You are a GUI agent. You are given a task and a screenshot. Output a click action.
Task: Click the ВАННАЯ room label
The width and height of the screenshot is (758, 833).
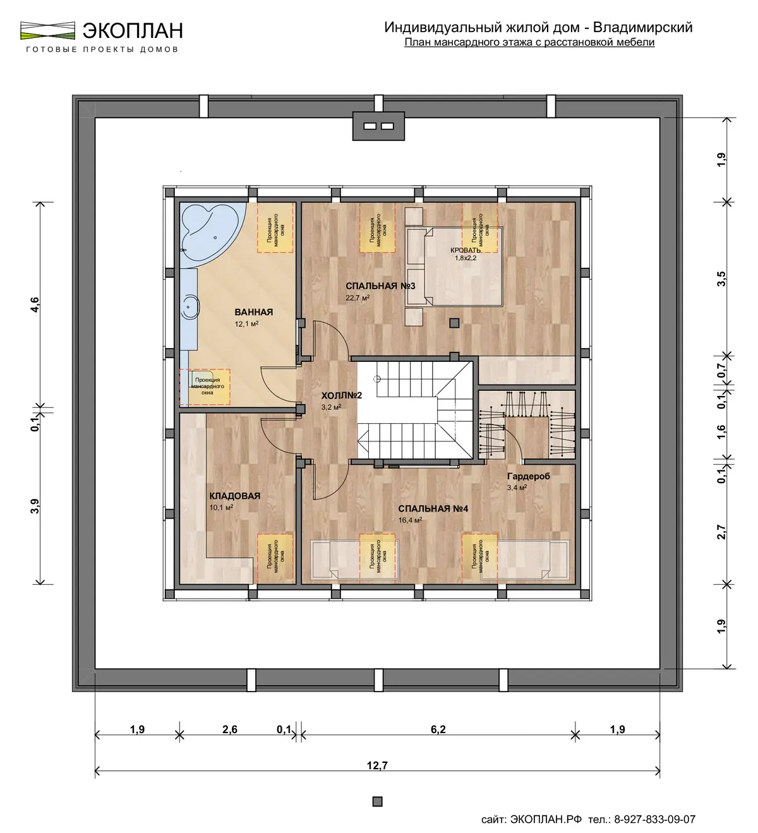253,312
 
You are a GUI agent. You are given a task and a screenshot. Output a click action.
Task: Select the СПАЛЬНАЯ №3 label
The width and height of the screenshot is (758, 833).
380,285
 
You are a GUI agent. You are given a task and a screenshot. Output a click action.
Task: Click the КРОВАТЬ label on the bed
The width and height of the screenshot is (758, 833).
465,250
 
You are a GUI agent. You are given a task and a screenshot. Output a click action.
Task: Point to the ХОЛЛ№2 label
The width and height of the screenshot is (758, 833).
341,395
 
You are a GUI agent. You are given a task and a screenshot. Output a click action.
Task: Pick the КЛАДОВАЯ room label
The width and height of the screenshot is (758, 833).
235,496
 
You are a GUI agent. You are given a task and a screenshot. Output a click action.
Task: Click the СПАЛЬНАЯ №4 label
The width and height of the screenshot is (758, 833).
433,508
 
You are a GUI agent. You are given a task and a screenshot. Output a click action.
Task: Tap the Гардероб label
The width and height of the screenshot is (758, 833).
528,476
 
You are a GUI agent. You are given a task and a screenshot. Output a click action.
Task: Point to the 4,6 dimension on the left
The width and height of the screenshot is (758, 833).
35,305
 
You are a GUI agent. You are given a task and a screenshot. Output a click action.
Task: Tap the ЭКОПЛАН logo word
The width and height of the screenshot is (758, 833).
133,30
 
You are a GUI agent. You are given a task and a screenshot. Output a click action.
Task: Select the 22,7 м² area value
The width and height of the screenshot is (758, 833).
358,297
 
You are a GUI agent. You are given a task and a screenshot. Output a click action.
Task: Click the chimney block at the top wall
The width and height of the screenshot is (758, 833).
378,126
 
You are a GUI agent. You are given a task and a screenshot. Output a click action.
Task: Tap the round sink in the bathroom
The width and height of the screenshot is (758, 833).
191,308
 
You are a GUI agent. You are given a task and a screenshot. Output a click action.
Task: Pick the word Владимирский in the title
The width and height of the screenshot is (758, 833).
642,27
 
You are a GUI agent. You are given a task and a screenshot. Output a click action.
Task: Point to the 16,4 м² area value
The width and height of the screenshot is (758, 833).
410,520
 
